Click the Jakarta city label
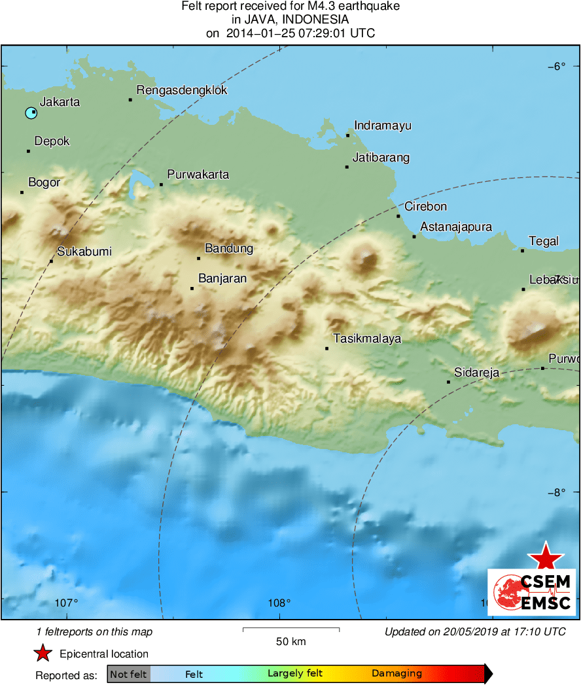point(60,102)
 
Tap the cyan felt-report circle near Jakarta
point(31,113)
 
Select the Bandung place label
point(228,248)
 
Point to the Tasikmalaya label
point(366,339)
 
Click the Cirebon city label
point(425,207)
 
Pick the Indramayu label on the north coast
point(382,125)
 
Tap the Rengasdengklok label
point(181,90)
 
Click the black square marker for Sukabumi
point(51,261)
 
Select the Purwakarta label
point(198,175)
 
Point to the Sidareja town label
point(476,373)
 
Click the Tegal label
point(543,241)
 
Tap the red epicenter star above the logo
point(545,556)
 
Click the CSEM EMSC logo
point(531,592)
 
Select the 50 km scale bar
point(290,629)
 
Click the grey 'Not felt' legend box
point(128,674)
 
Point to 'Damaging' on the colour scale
point(396,674)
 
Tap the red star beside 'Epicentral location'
point(43,654)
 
